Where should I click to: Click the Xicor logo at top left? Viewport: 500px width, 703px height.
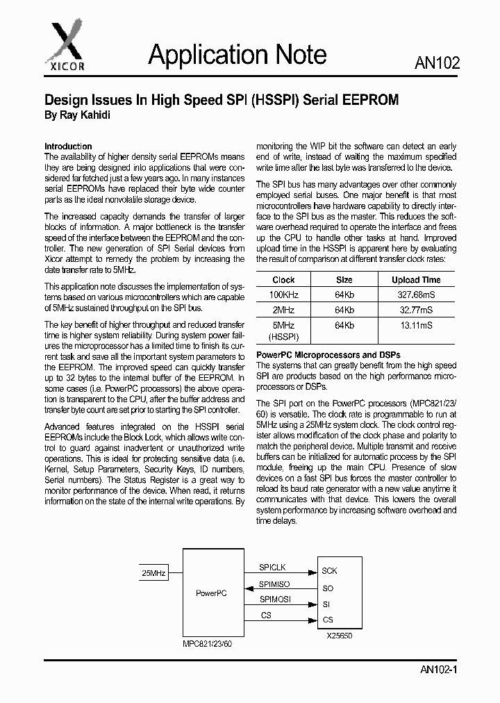tap(66, 41)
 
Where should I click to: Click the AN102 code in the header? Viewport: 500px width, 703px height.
tap(437, 64)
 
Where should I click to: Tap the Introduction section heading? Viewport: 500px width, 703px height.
tap(68, 147)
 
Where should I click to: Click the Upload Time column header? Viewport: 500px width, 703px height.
tap(416, 280)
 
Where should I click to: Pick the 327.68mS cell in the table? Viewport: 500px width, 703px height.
tap(416, 295)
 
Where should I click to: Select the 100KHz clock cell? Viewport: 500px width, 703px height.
tap(283, 295)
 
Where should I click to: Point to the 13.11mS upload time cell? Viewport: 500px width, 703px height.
tap(416, 324)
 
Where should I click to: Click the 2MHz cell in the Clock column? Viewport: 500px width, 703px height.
tap(283, 310)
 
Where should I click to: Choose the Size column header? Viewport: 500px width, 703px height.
tap(344, 280)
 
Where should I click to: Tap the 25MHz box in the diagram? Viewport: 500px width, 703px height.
tap(153, 573)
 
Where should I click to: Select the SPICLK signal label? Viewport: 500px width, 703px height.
tap(272, 568)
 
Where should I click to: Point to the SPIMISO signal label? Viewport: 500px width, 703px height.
tap(274, 584)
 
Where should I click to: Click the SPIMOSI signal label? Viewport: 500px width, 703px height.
tap(275, 599)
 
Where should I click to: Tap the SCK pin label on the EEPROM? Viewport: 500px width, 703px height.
tap(329, 571)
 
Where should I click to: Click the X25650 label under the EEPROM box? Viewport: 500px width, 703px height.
tap(340, 635)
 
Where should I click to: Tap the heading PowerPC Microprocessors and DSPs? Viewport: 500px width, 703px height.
tap(328, 355)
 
